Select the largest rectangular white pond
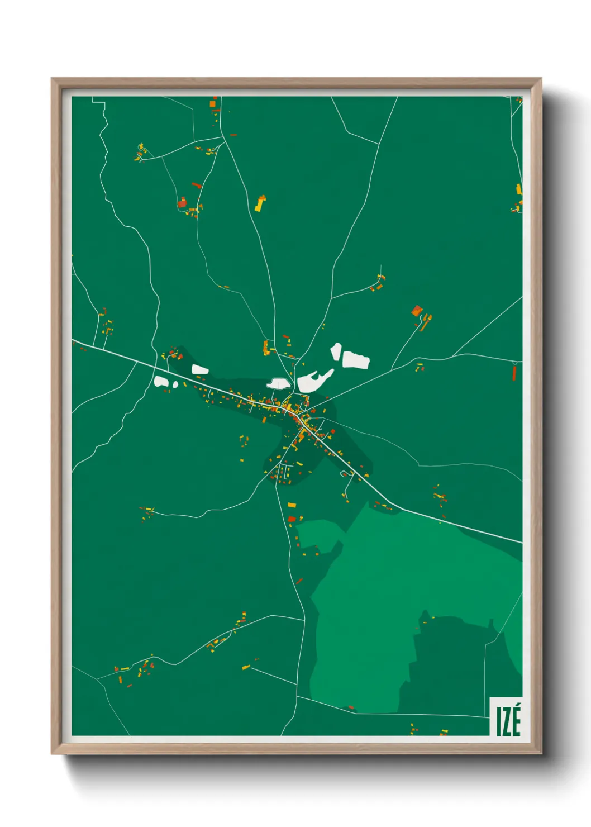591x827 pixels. pyautogui.click(x=355, y=360)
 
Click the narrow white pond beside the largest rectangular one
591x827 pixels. pyautogui.click(x=336, y=351)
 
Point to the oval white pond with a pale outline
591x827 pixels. pyautogui.click(x=278, y=383)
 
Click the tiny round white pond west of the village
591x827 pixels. pyautogui.click(x=175, y=384)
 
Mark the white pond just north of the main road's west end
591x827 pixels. pyautogui.click(x=199, y=369)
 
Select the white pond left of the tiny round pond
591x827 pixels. pyautogui.click(x=161, y=382)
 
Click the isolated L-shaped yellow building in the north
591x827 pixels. pyautogui.click(x=260, y=203)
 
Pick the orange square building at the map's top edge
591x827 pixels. pyautogui.click(x=213, y=103)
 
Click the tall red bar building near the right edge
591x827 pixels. pyautogui.click(x=514, y=373)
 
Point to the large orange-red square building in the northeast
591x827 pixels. pyautogui.click(x=417, y=311)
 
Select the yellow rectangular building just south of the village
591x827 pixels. pyautogui.click(x=291, y=505)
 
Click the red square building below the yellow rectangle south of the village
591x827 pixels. pyautogui.click(x=291, y=519)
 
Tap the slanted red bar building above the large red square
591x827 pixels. pyautogui.click(x=196, y=185)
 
